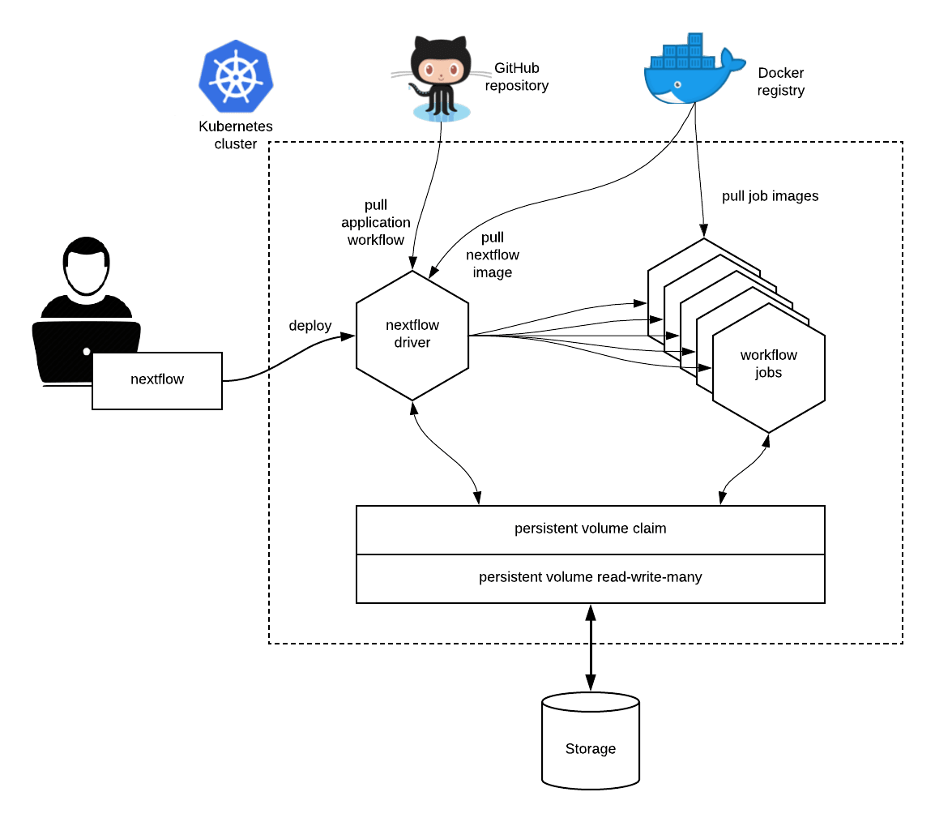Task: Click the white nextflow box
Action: click(157, 380)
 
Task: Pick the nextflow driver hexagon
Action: click(412, 334)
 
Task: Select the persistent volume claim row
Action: click(590, 529)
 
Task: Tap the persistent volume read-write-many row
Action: click(590, 578)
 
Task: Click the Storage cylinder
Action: click(590, 742)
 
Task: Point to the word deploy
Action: click(310, 326)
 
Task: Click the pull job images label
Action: click(770, 196)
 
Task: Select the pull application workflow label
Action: click(376, 222)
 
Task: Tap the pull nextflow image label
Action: click(492, 255)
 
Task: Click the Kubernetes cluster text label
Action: click(236, 135)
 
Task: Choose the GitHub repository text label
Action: click(517, 77)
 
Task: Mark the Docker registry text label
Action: click(781, 82)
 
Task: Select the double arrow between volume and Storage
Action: click(591, 649)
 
